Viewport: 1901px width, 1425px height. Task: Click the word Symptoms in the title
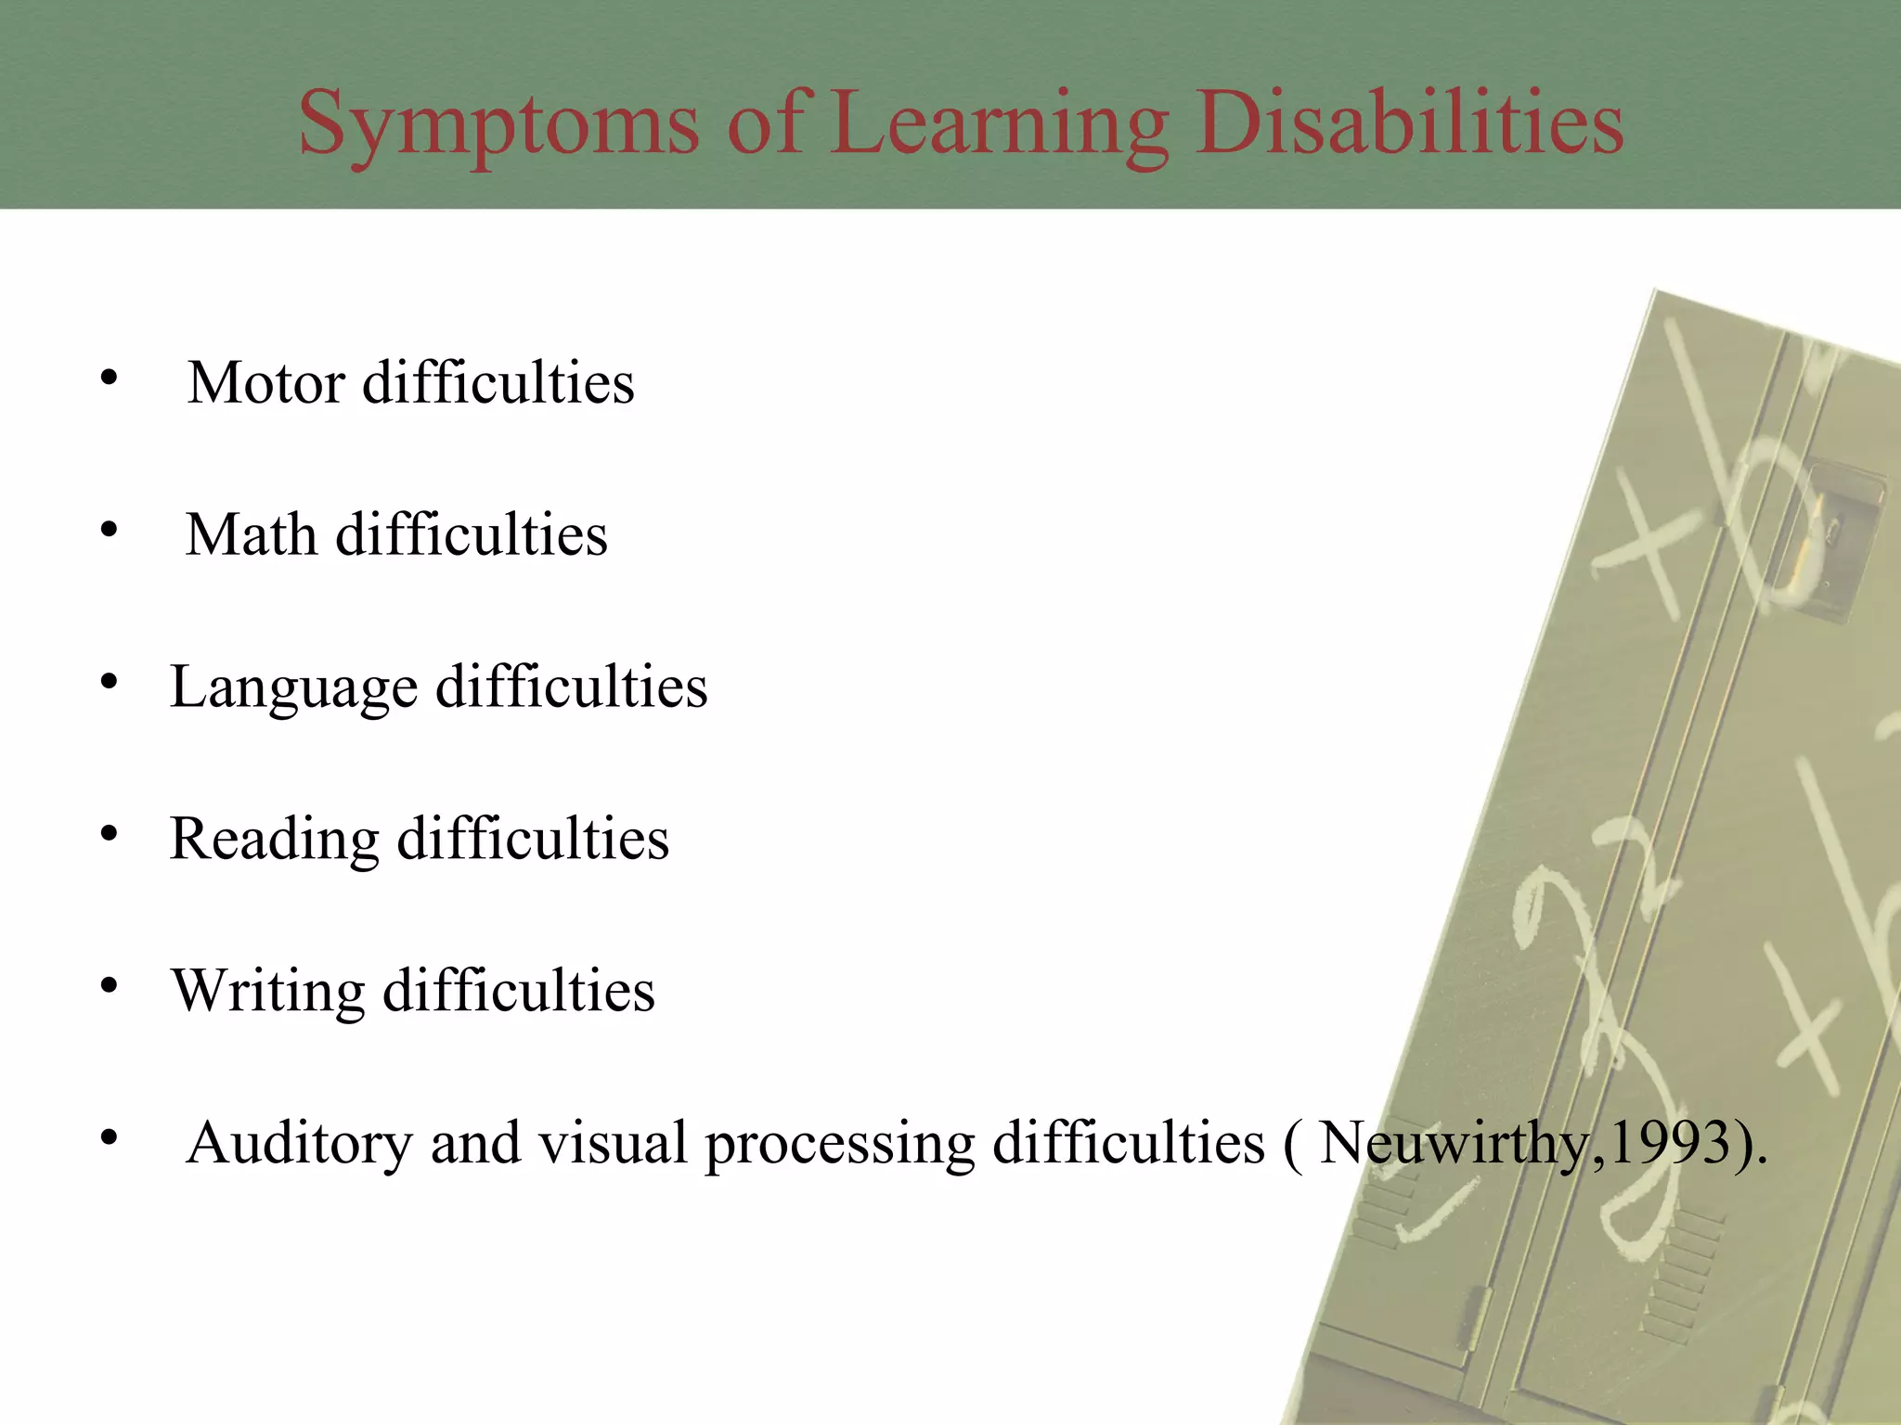click(498, 125)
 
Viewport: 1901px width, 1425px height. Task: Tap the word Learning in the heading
click(999, 125)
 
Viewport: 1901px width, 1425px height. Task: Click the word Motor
click(266, 382)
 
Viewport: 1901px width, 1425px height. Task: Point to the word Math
click(252, 534)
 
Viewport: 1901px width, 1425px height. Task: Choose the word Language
click(293, 688)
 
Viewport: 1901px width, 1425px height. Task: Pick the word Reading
click(275, 840)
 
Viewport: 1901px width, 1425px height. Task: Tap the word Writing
click(268, 991)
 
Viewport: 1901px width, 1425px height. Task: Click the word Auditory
click(299, 1143)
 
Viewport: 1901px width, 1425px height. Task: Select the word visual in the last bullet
click(613, 1143)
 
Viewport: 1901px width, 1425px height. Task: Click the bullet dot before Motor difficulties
click(110, 378)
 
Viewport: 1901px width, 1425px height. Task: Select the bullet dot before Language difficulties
click(110, 683)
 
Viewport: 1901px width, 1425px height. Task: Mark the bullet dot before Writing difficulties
click(110, 986)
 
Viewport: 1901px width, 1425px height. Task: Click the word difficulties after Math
click(472, 534)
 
